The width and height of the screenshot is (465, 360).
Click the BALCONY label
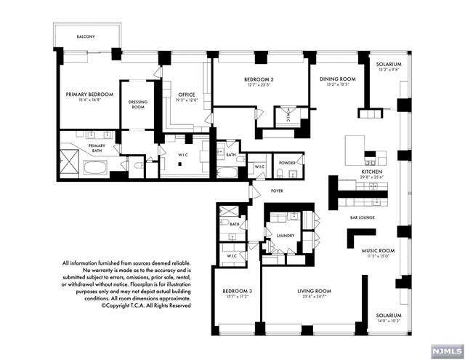coord(86,36)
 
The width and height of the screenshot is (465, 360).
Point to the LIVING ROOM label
coord(314,291)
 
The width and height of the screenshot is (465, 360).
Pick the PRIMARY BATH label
coord(97,146)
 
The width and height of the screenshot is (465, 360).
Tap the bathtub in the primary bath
coord(96,169)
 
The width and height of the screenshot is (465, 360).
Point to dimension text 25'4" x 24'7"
coord(314,297)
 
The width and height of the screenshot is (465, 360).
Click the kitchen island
coord(355,146)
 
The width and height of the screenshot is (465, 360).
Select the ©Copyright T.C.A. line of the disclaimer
coord(145,306)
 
